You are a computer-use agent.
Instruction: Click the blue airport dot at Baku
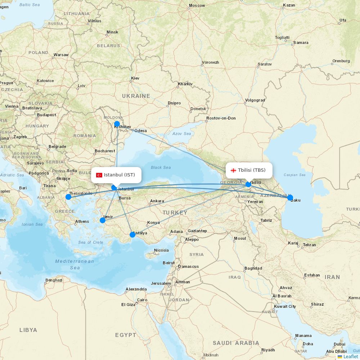point(290,197)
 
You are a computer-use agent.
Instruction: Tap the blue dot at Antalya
point(132,235)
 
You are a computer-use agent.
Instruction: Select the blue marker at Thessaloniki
point(68,197)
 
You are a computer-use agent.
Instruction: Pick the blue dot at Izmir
point(103,220)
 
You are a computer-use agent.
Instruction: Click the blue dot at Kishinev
point(117,124)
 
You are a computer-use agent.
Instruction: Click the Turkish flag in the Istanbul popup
point(99,175)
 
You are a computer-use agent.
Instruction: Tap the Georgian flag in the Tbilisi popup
point(233,170)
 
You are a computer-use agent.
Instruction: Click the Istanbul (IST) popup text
point(120,175)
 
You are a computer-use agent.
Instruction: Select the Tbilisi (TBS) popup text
point(252,170)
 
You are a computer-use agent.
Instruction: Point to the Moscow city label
point(197,5)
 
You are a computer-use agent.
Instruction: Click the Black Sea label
point(161,167)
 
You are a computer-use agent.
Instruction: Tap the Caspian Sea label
point(294,175)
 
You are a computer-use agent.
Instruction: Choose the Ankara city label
point(157,201)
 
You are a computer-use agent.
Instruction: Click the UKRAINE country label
point(136,96)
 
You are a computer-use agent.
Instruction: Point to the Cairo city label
point(142,300)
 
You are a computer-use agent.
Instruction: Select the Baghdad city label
point(253,268)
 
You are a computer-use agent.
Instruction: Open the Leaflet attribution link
point(350,356)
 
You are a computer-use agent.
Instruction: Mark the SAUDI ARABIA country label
point(235,343)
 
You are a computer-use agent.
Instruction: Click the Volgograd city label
point(255,100)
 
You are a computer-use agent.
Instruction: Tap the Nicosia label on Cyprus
point(161,250)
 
